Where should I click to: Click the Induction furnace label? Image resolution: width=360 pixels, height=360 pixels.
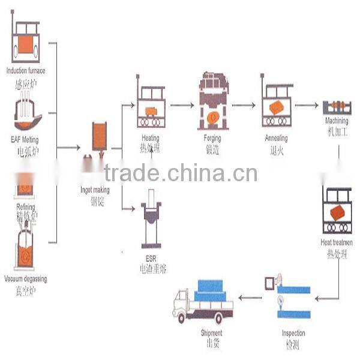pos(25,71)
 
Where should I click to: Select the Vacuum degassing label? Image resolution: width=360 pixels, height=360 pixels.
pos(25,279)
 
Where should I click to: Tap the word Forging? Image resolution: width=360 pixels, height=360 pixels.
pos(212,139)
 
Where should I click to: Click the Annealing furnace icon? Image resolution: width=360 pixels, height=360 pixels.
pos(277,102)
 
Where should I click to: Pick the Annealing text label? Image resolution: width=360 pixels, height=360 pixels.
pos(277,138)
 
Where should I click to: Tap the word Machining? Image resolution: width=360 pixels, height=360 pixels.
pos(336,121)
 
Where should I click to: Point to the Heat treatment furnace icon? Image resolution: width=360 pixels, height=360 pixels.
pos(337,209)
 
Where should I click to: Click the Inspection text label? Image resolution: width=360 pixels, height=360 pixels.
pos(293,333)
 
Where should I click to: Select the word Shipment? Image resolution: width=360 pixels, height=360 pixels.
pos(212,333)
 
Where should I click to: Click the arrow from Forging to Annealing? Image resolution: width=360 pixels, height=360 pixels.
pos(243,105)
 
